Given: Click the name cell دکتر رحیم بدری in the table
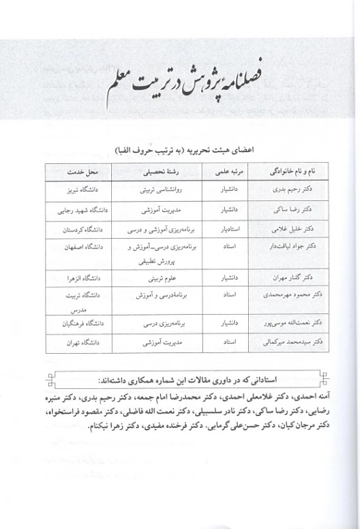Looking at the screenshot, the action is point(289,188).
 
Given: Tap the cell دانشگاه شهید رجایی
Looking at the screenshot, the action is point(77,210).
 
